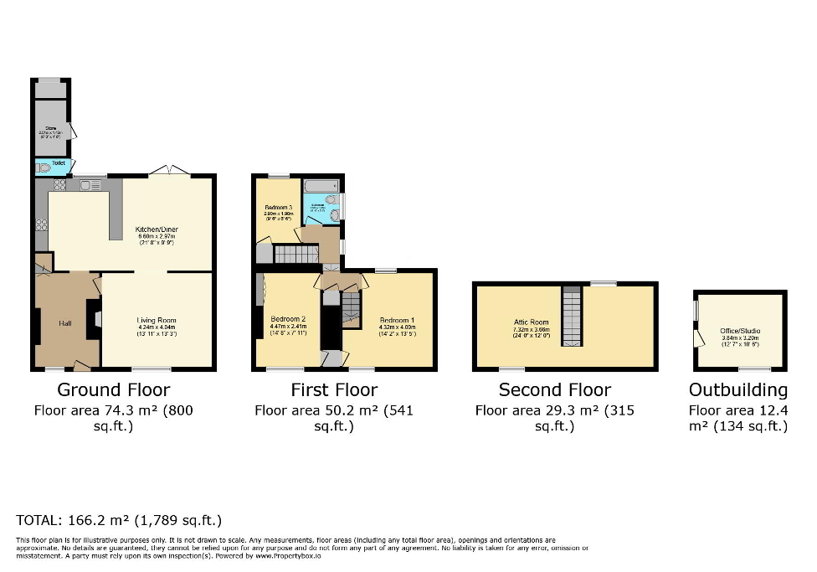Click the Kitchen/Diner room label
coord(157,229)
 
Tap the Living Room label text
coord(157,320)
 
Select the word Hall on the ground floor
coord(64,323)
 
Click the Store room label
coord(50,128)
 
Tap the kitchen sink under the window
coord(89,184)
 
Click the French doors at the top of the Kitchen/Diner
coord(170,171)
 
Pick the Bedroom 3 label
coord(277,207)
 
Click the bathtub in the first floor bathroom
coord(321,186)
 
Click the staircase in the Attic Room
coord(571,315)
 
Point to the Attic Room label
coord(532,322)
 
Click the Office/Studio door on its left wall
coord(697,338)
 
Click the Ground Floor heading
coord(113,389)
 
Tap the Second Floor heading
coord(554,389)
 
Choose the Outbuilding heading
coord(737,389)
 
